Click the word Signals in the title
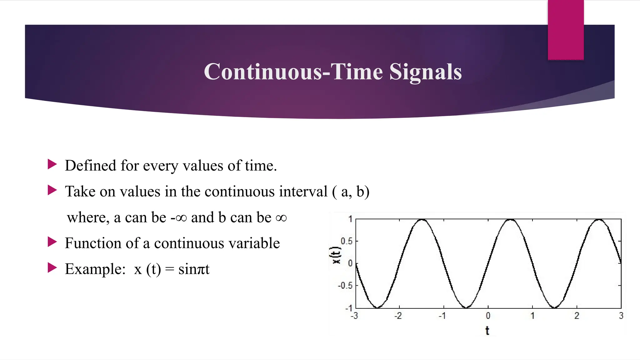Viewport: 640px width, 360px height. pyautogui.click(x=425, y=72)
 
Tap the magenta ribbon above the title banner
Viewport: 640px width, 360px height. pyautogui.click(x=566, y=30)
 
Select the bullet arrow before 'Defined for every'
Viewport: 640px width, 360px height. pyautogui.click(x=52, y=164)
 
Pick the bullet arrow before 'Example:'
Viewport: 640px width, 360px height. pyautogui.click(x=52, y=268)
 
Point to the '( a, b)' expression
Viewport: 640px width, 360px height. pyautogui.click(x=351, y=192)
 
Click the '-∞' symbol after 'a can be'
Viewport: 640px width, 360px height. pyautogui.click(x=178, y=217)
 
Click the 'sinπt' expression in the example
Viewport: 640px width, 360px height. pyautogui.click(x=194, y=269)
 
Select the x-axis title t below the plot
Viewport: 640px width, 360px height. pyautogui.click(x=487, y=330)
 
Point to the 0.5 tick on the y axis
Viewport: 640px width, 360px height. pyautogui.click(x=346, y=241)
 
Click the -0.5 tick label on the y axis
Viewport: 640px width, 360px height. pyautogui.click(x=345, y=286)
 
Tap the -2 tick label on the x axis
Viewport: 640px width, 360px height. pyautogui.click(x=398, y=316)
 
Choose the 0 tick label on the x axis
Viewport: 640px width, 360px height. pyautogui.click(x=488, y=316)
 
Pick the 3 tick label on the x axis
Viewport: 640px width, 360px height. pyautogui.click(x=621, y=316)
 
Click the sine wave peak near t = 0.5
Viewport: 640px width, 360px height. pyautogui.click(x=510, y=220)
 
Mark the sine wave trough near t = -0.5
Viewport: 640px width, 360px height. pyautogui.click(x=466, y=307)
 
